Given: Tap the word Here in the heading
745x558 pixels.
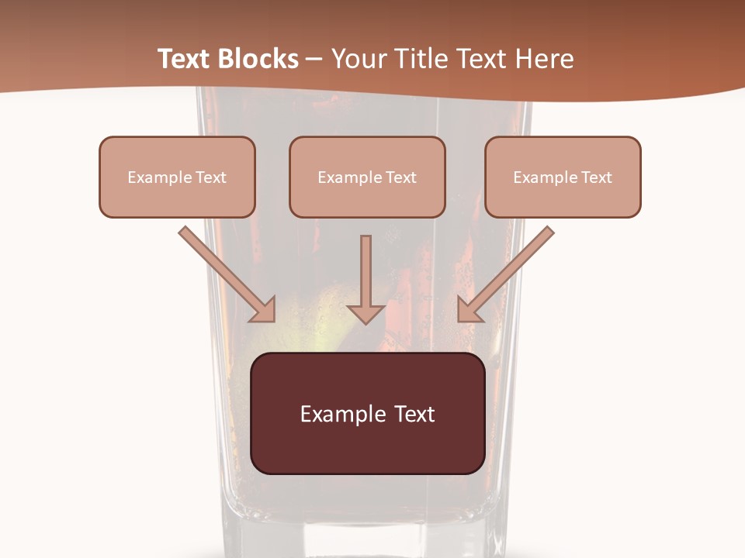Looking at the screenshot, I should pos(542,59).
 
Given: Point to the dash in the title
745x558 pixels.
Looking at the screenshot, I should pos(314,60).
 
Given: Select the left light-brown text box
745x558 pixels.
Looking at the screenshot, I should pos(177,177).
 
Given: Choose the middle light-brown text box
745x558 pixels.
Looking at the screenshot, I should pos(367,177).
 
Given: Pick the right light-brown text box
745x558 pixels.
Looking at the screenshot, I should pos(563,177).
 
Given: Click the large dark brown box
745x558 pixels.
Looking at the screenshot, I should pos(367,413).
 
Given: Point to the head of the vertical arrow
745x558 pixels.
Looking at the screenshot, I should pos(366,312).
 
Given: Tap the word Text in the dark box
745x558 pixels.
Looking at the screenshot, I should pos(414,414).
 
